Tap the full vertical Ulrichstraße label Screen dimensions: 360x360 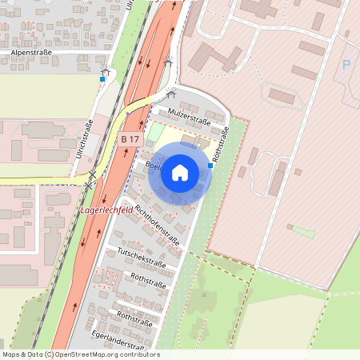pyautogui.click(x=84, y=138)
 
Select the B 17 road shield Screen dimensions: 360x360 pyautogui.click(x=130, y=140)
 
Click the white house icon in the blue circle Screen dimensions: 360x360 pyautogui.click(x=180, y=171)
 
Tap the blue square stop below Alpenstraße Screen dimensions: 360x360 pyautogui.click(x=102, y=78)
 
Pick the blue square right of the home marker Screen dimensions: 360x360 pyautogui.click(x=210, y=166)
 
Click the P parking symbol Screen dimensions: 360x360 pyautogui.click(x=346, y=65)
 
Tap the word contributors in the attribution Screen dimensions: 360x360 pyautogui.click(x=138, y=354)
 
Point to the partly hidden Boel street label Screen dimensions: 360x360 pyautogui.click(x=154, y=166)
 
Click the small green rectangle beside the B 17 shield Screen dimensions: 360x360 pyautogui.click(x=155, y=132)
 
